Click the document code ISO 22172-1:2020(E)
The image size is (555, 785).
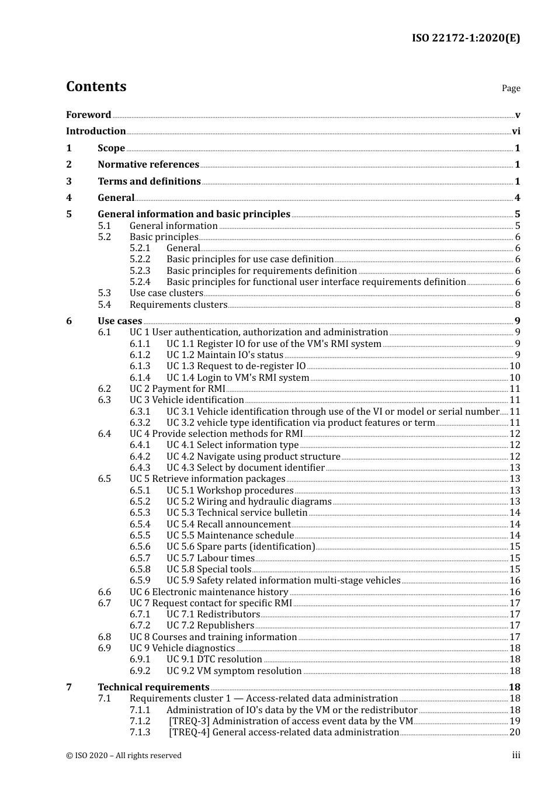466,38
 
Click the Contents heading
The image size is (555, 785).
96,86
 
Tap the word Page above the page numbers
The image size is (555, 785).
511,88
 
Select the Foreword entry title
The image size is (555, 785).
88,115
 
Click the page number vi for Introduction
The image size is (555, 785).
516,131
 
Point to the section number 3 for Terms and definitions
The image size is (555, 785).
69,182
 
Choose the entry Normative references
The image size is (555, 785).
148,165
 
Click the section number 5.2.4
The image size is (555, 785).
140,282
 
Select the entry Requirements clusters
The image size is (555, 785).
178,305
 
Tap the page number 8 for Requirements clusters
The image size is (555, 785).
518,305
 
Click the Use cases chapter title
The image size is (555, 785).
120,321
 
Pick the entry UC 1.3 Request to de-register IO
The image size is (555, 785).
236,366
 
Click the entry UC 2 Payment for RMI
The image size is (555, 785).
177,389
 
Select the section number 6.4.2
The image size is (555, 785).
140,457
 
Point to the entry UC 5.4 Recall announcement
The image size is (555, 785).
228,525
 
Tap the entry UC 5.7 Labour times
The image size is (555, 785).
210,558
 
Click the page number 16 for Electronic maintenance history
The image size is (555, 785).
515,592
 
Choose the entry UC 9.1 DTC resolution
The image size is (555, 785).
214,659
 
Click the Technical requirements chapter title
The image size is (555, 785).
153,687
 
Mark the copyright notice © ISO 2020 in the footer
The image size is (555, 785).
123,756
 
